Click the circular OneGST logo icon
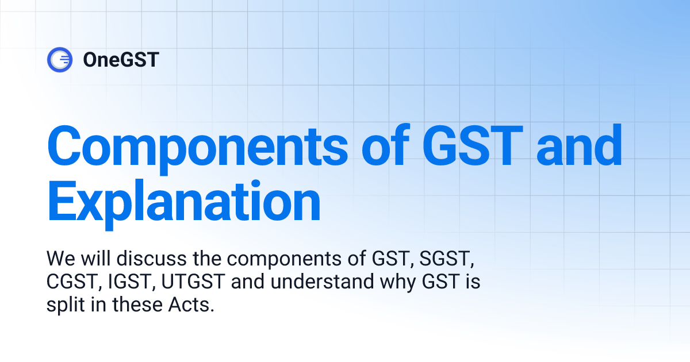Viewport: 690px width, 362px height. click(60, 59)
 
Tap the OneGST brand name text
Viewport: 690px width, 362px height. click(121, 59)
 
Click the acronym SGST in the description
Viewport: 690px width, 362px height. click(446, 260)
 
